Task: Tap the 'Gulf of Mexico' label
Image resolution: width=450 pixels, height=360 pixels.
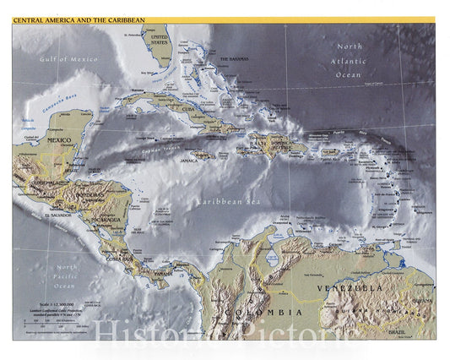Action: point(68,59)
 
